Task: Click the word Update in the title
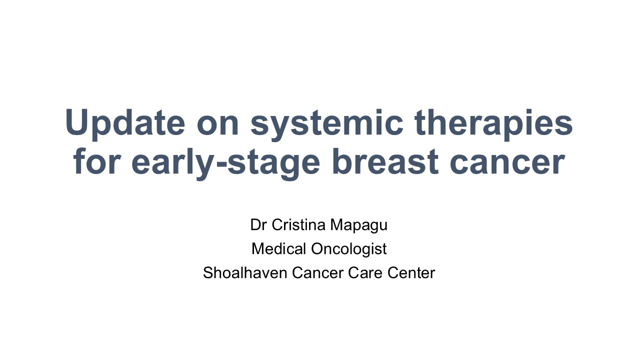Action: (x=125, y=123)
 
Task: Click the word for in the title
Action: (x=96, y=161)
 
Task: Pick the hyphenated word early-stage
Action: (x=225, y=163)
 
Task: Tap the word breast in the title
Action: (x=385, y=161)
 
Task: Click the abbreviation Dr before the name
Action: (x=258, y=224)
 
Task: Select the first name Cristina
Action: (x=298, y=224)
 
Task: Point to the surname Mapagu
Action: (x=359, y=225)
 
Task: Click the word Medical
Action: (x=279, y=248)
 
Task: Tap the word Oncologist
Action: (x=349, y=249)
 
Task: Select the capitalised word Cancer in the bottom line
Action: (x=317, y=273)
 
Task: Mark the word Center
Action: (x=411, y=273)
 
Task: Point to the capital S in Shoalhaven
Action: (x=208, y=273)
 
